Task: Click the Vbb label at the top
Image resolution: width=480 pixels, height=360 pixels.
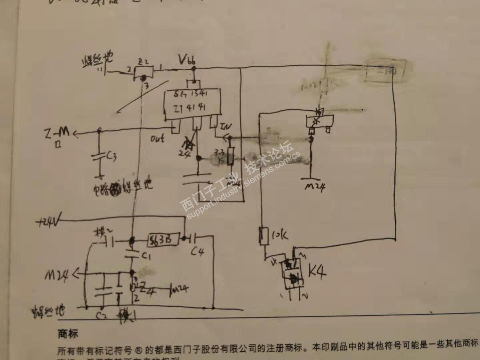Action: pos(187,60)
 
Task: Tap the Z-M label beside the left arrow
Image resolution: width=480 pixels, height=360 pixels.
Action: pos(57,133)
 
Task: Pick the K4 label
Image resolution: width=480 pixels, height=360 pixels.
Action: pos(317,272)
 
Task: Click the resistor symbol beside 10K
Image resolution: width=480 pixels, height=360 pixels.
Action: pos(264,236)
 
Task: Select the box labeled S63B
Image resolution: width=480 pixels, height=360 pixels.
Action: pos(163,239)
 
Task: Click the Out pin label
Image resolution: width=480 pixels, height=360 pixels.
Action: pos(157,138)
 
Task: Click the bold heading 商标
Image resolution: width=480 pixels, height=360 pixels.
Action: pos(68,333)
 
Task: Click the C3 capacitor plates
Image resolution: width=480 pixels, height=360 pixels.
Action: pos(99,157)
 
